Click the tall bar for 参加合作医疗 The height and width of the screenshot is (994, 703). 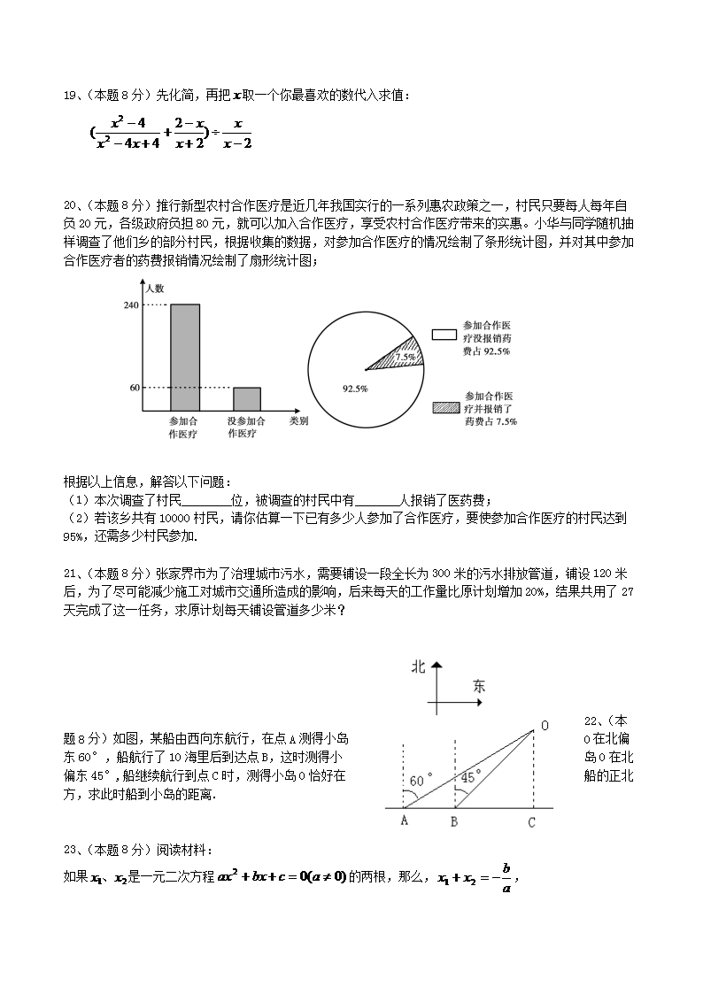pyautogui.click(x=184, y=358)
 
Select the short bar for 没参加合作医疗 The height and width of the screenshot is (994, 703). pyautogui.click(x=246, y=399)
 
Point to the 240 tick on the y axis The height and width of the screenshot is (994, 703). pyautogui.click(x=131, y=304)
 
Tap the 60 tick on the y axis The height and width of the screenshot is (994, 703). pyautogui.click(x=135, y=388)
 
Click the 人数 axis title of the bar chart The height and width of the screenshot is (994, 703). pyautogui.click(x=155, y=288)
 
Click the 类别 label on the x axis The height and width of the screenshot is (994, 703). pyautogui.click(x=298, y=421)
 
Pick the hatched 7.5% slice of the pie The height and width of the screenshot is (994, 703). pyautogui.click(x=401, y=354)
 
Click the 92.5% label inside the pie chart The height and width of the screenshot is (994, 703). pyautogui.click(x=355, y=388)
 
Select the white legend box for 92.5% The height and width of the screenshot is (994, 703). pyautogui.click(x=444, y=335)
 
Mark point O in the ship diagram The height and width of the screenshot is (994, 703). pyautogui.click(x=544, y=727)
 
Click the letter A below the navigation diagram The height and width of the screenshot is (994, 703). pyautogui.click(x=404, y=822)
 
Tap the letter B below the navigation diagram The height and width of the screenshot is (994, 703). pyautogui.click(x=453, y=822)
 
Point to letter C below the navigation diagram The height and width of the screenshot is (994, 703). pyautogui.click(x=531, y=822)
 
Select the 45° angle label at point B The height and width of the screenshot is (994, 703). pyautogui.click(x=471, y=775)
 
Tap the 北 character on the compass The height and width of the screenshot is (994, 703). pyautogui.click(x=419, y=667)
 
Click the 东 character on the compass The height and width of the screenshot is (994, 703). pyautogui.click(x=479, y=685)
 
